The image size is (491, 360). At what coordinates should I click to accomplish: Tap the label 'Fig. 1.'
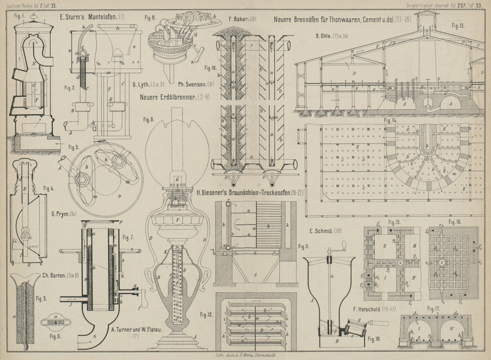click(18, 15)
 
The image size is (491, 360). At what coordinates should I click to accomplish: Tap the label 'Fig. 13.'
click(457, 26)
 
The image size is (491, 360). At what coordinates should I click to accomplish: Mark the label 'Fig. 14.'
click(390, 121)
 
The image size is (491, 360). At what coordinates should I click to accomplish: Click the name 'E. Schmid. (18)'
click(325, 230)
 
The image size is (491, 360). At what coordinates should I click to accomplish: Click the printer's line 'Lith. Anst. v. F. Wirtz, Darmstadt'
click(245, 355)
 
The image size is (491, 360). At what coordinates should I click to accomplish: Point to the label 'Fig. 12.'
click(206, 315)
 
